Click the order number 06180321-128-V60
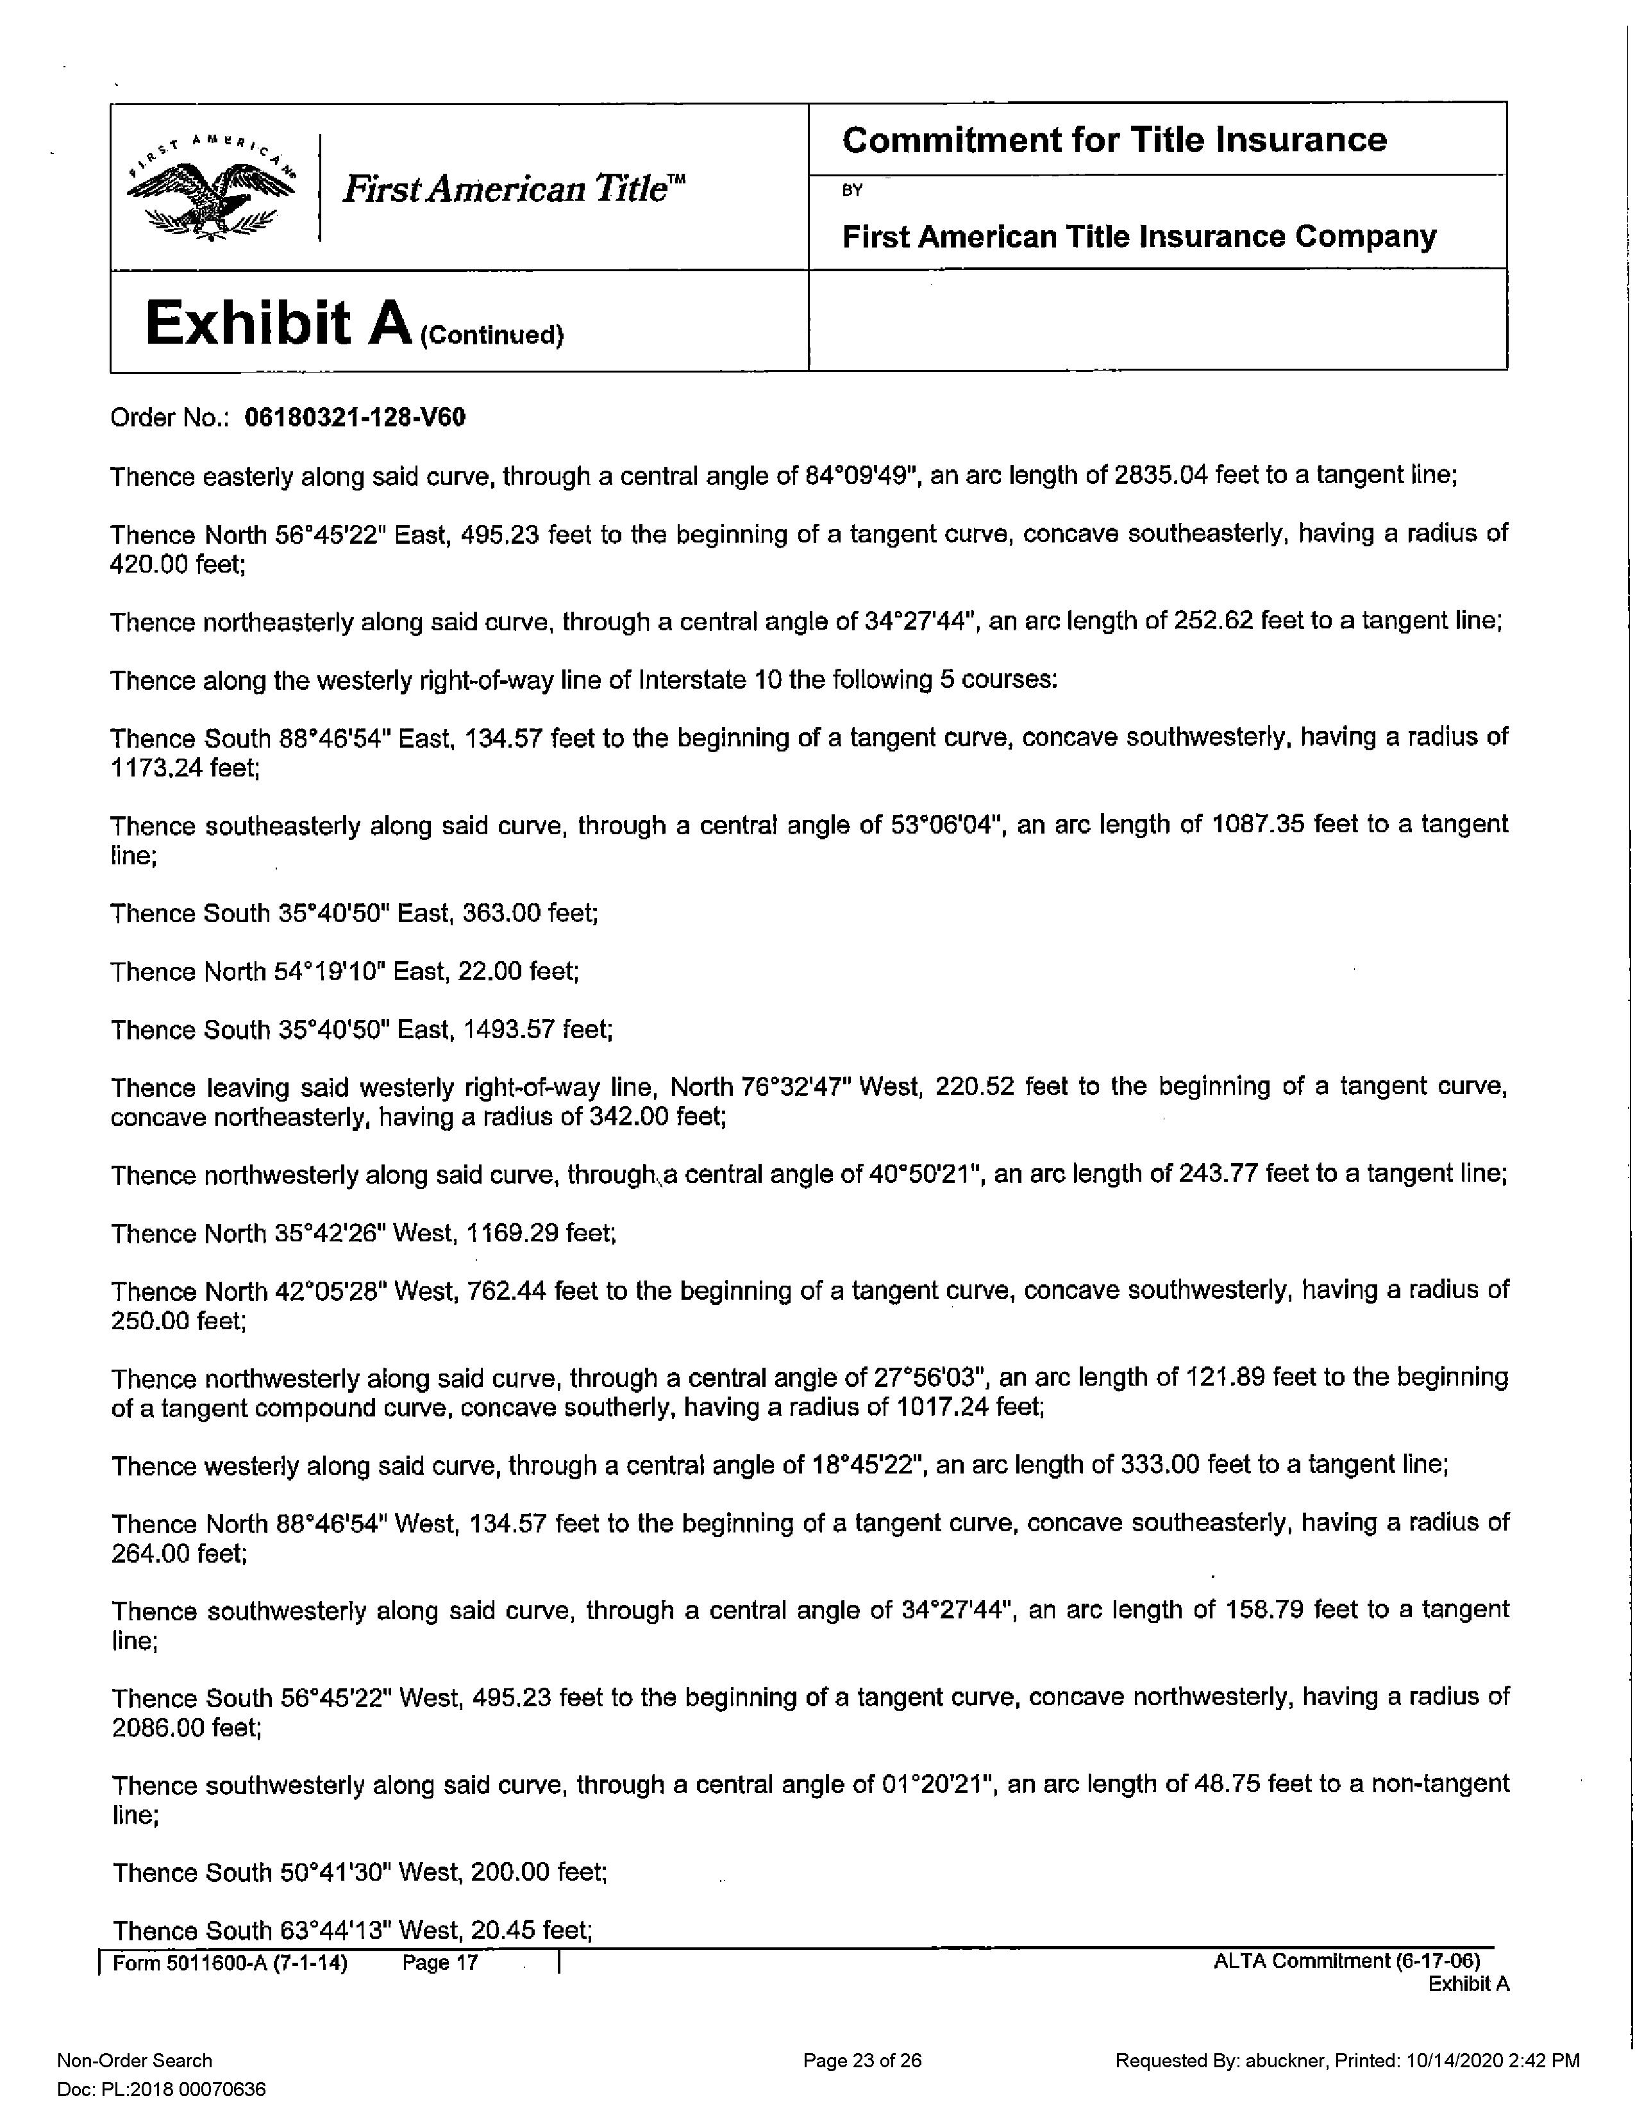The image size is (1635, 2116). point(355,417)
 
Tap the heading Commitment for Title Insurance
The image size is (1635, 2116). point(1114,140)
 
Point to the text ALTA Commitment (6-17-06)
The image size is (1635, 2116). point(1346,1961)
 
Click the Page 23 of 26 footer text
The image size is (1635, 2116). point(861,2061)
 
